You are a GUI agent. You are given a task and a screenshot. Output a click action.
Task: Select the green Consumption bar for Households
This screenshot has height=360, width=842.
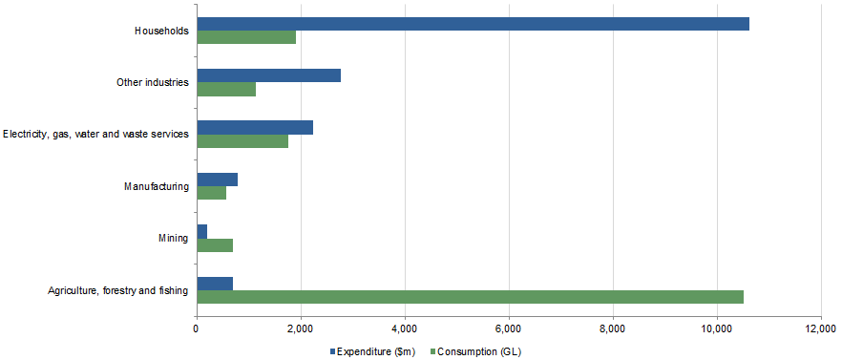246,37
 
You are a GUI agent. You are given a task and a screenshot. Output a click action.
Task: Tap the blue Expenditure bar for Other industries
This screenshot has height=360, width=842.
268,75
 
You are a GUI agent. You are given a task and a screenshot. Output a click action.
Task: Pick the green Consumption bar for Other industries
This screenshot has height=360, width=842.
226,89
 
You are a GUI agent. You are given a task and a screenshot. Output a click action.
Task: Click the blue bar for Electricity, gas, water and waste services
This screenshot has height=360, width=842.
255,128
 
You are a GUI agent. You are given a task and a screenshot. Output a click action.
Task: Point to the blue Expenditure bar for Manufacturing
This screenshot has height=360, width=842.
217,180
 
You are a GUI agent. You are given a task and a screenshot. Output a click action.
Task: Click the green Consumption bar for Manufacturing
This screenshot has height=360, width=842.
211,193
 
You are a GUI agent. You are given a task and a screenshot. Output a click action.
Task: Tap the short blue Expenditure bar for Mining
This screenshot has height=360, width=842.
201,231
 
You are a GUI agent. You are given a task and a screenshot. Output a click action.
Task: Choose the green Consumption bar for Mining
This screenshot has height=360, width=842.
215,244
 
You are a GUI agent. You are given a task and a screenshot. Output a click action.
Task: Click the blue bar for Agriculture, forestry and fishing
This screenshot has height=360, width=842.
215,284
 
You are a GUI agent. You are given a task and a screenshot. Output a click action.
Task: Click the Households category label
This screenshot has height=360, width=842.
161,31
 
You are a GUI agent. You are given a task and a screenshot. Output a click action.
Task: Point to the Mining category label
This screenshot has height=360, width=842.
173,238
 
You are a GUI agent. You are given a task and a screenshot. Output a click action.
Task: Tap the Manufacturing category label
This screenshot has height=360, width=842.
157,186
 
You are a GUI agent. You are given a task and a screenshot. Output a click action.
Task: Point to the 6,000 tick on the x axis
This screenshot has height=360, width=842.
509,329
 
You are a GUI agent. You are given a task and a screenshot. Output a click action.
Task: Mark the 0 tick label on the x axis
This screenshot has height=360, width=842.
197,329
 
